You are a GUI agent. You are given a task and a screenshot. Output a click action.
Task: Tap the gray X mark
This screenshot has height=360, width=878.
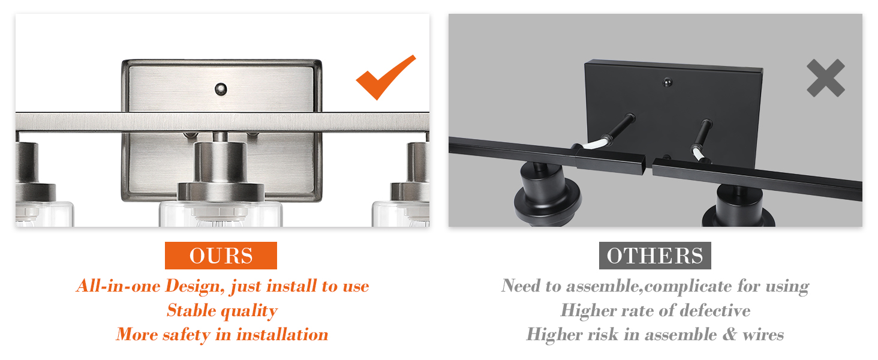[x=826, y=78]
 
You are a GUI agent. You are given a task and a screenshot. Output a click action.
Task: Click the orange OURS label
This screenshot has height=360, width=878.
[x=221, y=256]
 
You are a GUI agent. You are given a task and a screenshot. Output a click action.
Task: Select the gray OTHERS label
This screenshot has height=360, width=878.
[x=655, y=256]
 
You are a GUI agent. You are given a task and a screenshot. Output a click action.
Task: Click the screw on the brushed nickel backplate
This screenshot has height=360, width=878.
[x=221, y=89]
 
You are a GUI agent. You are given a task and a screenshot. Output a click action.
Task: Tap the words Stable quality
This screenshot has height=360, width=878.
[x=222, y=311]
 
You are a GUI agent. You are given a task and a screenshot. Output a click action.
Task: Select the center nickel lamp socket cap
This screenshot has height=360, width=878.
[x=221, y=191]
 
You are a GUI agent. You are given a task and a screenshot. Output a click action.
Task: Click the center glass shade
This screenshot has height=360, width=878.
[x=221, y=214]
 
